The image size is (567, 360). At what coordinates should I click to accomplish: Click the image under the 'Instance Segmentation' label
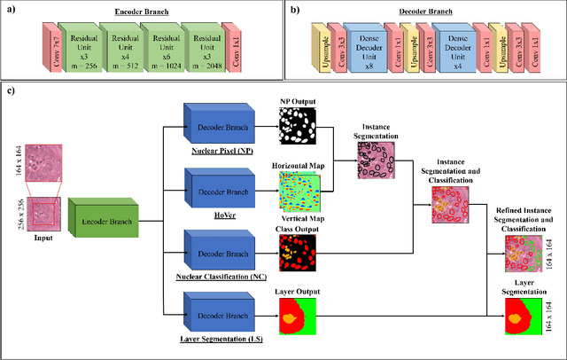(x=377, y=160)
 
